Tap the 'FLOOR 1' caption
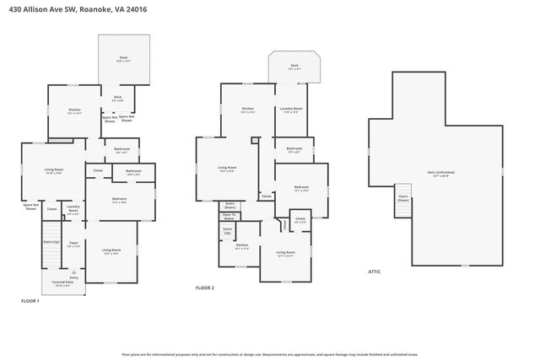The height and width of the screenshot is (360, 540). click(x=30, y=301)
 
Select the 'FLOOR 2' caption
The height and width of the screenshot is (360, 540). click(x=205, y=288)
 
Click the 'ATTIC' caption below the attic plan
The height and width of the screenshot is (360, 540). click(x=375, y=271)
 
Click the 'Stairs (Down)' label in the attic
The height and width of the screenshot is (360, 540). click(x=403, y=199)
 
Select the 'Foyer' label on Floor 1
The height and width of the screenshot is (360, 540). click(x=73, y=244)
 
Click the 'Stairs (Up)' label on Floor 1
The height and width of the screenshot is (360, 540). click(x=50, y=241)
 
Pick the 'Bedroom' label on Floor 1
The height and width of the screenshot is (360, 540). click(x=118, y=200)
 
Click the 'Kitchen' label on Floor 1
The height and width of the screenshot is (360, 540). click(x=74, y=110)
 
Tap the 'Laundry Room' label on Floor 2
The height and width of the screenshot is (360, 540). click(x=293, y=109)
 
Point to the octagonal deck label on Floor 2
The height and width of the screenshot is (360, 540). click(x=294, y=67)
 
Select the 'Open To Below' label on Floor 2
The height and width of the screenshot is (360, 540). click(x=229, y=217)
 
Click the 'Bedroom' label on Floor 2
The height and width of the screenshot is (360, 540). click(x=301, y=187)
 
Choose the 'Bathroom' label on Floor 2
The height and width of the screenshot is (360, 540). click(x=295, y=150)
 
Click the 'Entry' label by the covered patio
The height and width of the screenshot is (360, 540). click(x=74, y=276)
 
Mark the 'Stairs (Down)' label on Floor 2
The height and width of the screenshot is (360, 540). click(x=229, y=204)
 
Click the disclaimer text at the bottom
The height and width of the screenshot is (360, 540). click(x=270, y=355)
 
